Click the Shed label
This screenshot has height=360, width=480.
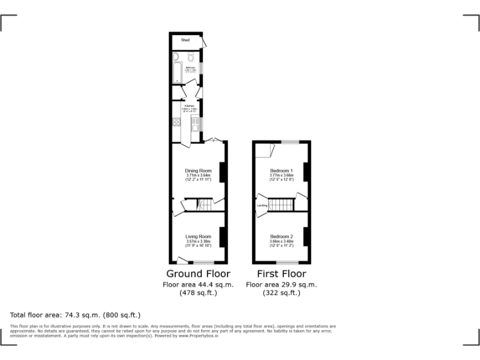point(185,40)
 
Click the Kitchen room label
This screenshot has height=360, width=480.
point(189,106)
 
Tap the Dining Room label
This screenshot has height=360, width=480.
point(197,171)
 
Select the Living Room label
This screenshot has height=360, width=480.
point(198,237)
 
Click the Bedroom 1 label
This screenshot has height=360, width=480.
point(281,171)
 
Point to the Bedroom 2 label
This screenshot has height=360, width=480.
point(281,237)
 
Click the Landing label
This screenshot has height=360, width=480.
point(262,205)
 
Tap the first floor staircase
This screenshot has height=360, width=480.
point(285,204)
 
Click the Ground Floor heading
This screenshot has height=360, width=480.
point(198,274)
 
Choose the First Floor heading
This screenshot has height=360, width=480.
point(281,274)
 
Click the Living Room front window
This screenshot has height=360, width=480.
point(202,262)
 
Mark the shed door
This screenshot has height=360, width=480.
point(204,41)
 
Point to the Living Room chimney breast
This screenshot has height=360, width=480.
point(222,237)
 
